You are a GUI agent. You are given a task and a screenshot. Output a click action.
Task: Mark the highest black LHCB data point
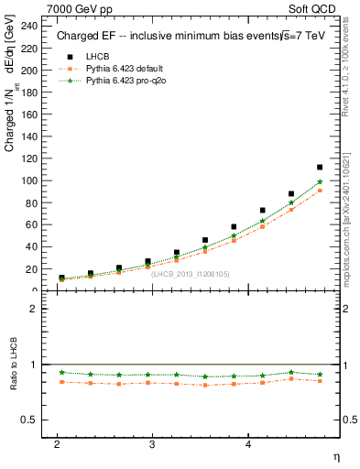click(x=319, y=168)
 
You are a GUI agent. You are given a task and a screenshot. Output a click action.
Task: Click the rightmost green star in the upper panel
click(x=319, y=181)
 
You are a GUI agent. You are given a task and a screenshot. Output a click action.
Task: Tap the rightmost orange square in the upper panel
click(x=319, y=191)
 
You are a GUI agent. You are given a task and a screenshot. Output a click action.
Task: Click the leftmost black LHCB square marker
click(x=61, y=278)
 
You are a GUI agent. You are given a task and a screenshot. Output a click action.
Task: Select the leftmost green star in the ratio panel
click(x=61, y=372)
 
